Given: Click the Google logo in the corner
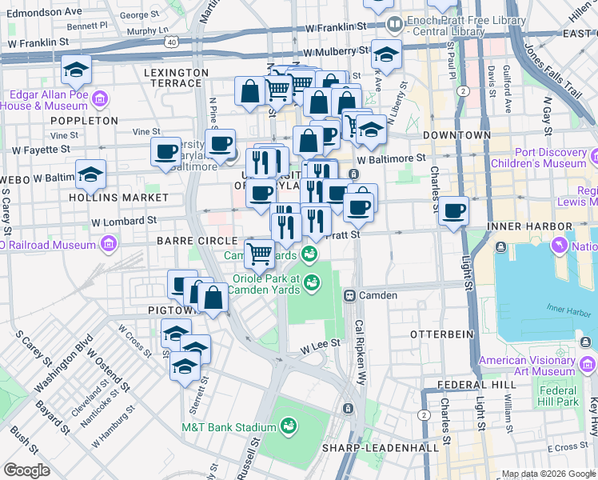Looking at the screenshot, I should pos(27,470).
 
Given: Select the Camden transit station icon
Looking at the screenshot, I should pos(349,295).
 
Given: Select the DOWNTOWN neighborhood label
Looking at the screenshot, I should pos(456,135).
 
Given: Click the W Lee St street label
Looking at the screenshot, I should pos(321,343).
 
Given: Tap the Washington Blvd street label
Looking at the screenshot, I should pos(65,369).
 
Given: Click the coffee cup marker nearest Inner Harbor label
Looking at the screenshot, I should pos(453,211).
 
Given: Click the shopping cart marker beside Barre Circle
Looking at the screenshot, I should pos(259,254).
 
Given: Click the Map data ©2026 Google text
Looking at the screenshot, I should pos(547,474).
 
